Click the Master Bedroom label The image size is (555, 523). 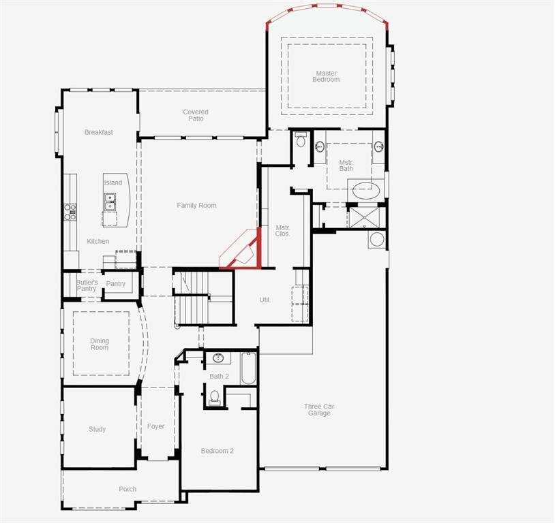click(327, 76)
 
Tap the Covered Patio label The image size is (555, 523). click(196, 115)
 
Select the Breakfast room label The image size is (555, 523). click(99, 132)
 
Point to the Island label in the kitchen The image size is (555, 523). click(113, 183)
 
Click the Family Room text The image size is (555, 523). click(196, 206)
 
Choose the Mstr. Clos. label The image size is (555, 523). click(283, 230)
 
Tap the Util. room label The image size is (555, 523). click(265, 300)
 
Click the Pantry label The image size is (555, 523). click(116, 284)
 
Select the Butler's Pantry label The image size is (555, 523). click(87, 285)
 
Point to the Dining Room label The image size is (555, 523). click(100, 345)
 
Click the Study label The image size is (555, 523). click(97, 429)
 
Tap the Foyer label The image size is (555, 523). click(156, 426)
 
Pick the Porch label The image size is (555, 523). click(127, 489)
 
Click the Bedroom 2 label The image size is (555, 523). click(217, 451)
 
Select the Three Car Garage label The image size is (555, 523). click(319, 410)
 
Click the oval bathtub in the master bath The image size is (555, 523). click(367, 190)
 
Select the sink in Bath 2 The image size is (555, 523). click(219, 358)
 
